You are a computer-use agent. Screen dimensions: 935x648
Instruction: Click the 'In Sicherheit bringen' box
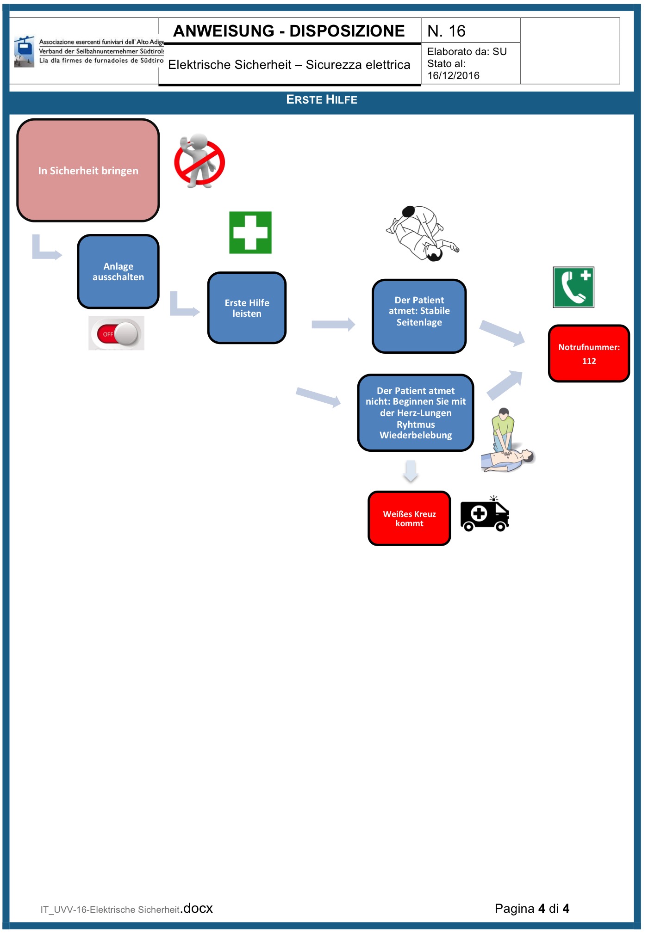click(88, 171)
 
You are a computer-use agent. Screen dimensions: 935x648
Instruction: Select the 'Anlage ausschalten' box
click(118, 272)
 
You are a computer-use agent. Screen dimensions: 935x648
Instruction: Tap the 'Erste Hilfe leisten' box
click(247, 308)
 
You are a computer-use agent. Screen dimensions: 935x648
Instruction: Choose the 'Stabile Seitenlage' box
click(419, 316)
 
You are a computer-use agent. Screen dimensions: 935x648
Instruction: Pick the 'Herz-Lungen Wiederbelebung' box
click(415, 413)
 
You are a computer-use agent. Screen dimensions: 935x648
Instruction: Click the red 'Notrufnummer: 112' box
click(589, 354)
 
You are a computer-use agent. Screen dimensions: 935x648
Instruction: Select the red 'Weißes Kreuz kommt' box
click(409, 518)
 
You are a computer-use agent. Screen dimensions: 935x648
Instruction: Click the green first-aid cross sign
click(250, 233)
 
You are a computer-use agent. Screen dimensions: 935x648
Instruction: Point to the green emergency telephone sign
click(573, 287)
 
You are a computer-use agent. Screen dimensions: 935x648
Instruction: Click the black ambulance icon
click(485, 515)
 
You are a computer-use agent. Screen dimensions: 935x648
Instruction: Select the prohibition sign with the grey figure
click(199, 161)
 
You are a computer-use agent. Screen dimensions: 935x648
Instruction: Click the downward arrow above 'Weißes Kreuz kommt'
click(411, 471)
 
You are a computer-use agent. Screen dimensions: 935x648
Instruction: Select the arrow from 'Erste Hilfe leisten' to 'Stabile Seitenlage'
click(333, 324)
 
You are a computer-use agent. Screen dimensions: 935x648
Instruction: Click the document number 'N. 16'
click(446, 31)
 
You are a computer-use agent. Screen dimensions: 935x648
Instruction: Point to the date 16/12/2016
click(453, 76)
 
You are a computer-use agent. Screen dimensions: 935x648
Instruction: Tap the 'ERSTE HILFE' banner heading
click(322, 100)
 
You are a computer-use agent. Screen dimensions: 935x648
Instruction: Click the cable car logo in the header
click(24, 51)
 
